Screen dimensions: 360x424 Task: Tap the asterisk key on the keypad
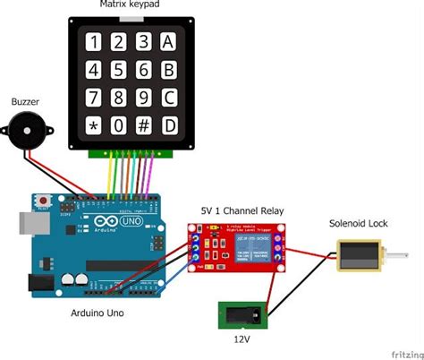click(x=94, y=125)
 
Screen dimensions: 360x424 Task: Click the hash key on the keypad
click(x=144, y=125)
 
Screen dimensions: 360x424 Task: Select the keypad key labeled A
click(x=168, y=41)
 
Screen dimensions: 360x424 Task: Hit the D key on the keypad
click(x=168, y=125)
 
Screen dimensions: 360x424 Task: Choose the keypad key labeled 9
click(x=144, y=97)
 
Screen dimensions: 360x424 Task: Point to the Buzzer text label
click(x=25, y=102)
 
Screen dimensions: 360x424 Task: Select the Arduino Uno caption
click(x=98, y=313)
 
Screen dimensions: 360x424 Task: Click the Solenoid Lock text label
click(x=358, y=223)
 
